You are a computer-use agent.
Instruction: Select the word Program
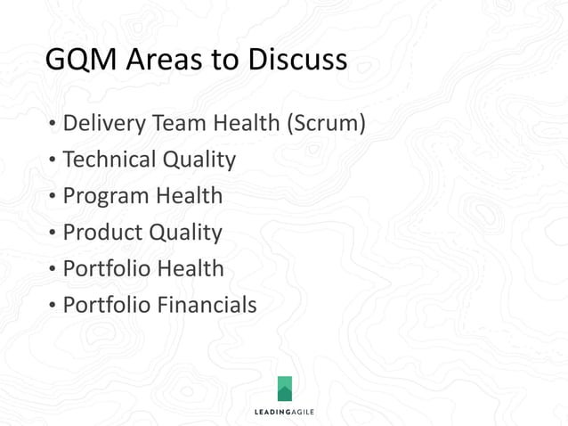pyautogui.click(x=105, y=197)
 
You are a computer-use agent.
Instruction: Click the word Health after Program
pyautogui.click(x=189, y=195)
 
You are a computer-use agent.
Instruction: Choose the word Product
pyautogui.click(x=101, y=232)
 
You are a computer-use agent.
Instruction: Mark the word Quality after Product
pyautogui.click(x=185, y=233)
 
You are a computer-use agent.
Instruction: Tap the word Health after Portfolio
pyautogui.click(x=191, y=268)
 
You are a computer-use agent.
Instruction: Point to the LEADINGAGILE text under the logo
pyautogui.click(x=284, y=412)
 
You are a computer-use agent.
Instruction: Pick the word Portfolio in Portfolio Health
pyautogui.click(x=106, y=268)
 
